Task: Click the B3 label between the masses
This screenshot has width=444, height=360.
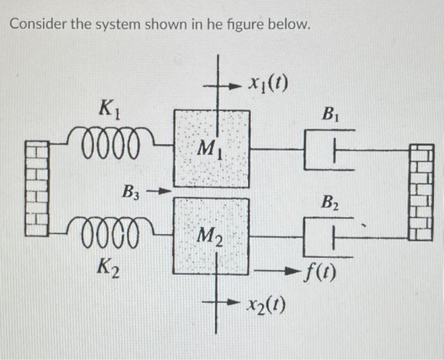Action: (x=133, y=191)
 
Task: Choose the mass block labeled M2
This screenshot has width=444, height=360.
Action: (x=211, y=236)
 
